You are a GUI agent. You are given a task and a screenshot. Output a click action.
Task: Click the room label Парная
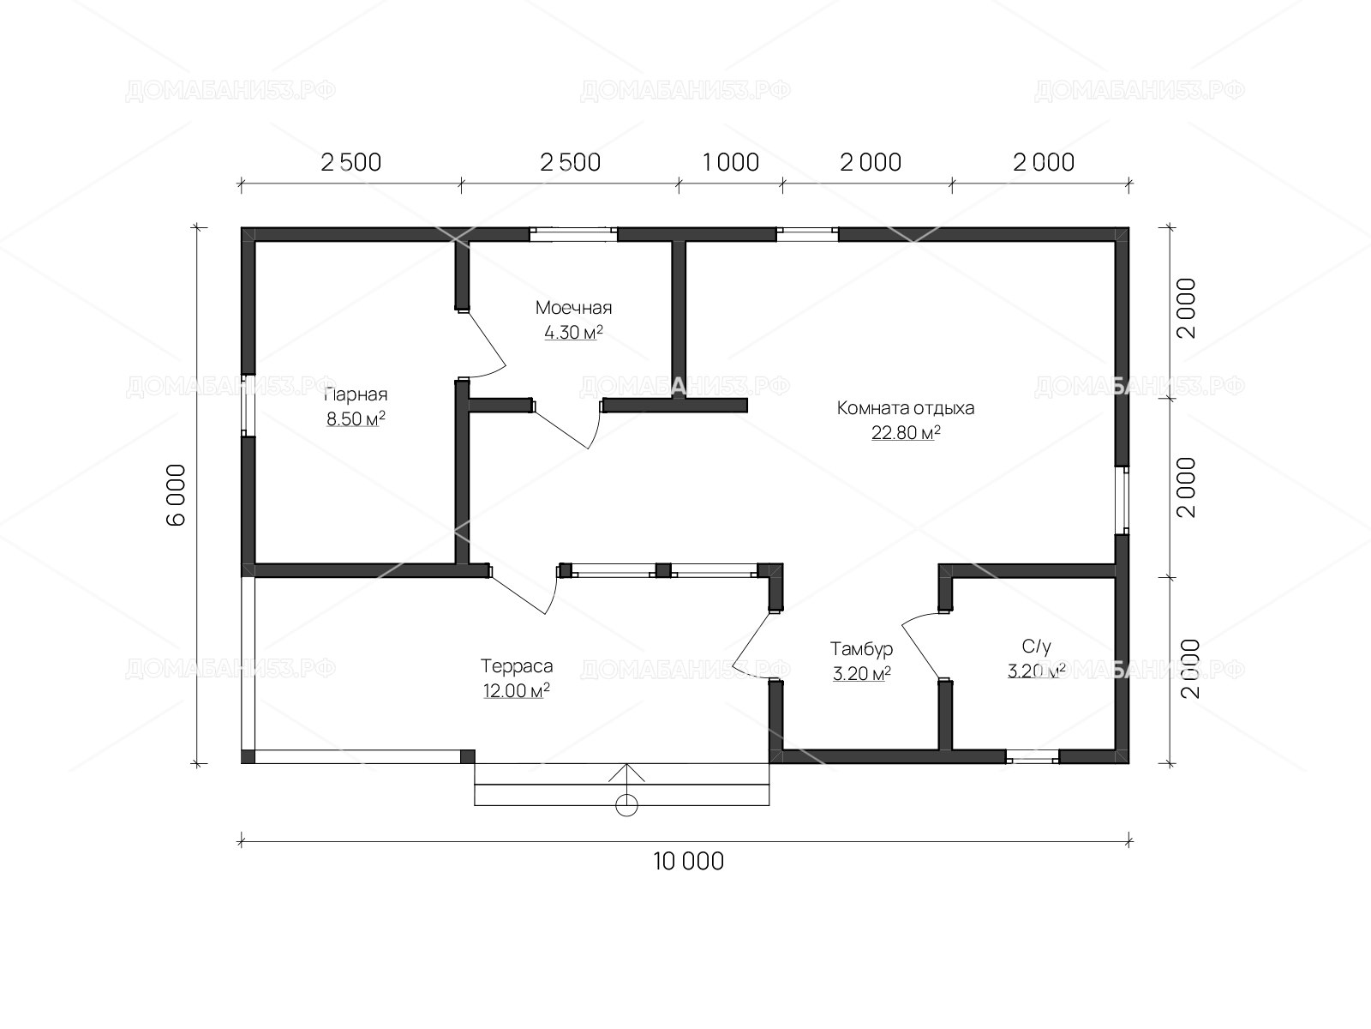[x=356, y=394]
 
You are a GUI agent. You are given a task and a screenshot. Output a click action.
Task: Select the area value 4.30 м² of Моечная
[x=573, y=333]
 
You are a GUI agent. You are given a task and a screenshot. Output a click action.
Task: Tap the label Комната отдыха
[x=905, y=409]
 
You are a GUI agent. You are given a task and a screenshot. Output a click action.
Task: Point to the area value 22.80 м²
[x=906, y=432]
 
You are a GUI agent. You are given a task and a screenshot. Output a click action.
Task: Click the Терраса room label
[x=517, y=666]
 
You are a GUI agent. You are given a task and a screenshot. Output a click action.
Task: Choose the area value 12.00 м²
[x=517, y=690]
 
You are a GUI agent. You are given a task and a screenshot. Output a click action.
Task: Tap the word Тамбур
[x=861, y=650]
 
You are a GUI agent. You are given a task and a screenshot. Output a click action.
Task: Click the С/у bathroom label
[x=1037, y=646]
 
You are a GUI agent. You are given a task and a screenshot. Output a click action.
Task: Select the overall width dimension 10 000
[x=688, y=862]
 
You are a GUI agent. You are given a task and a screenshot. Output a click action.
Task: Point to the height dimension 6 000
[x=177, y=495]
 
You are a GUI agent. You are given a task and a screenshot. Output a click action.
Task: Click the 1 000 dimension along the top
[x=731, y=162]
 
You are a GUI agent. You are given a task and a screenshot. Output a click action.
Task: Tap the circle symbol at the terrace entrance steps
[x=626, y=805]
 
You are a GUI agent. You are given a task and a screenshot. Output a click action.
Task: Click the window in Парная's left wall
[x=248, y=405]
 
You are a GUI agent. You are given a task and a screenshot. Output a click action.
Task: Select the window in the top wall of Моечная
[x=573, y=234]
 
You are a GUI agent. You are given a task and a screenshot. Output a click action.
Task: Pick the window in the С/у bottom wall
[x=1033, y=757]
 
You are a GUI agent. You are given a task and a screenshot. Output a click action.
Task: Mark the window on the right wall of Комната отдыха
[x=1123, y=500]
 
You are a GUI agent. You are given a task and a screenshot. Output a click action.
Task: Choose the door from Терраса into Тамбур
[x=752, y=646]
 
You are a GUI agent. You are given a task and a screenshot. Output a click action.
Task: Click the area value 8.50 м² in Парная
[x=356, y=418]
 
